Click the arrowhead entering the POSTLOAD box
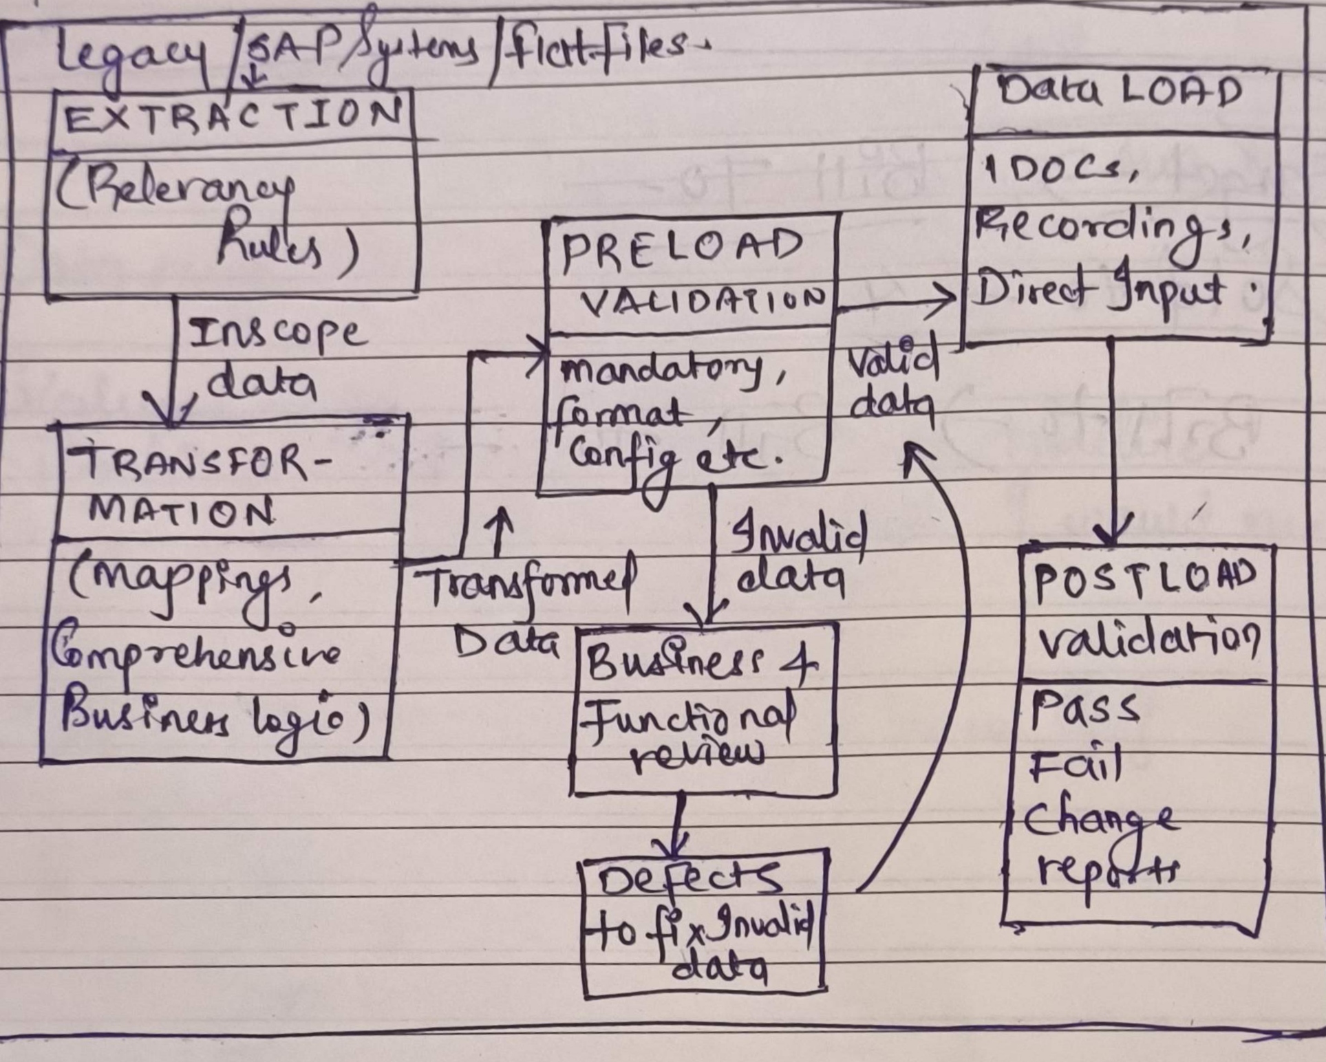[x=1112, y=533]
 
